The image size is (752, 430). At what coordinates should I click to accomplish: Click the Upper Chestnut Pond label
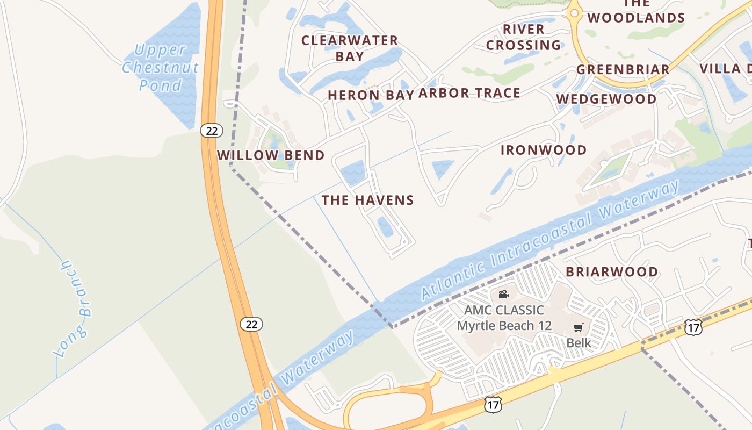(x=160, y=67)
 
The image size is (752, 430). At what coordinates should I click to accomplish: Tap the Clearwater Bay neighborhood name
(x=350, y=48)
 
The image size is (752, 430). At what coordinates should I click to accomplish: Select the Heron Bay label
(x=371, y=95)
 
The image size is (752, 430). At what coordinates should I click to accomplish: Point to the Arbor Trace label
(x=469, y=93)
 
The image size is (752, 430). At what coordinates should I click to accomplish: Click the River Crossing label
(x=523, y=37)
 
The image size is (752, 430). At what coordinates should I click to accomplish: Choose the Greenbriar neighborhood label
(x=623, y=70)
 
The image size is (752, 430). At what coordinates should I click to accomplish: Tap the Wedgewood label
(x=606, y=99)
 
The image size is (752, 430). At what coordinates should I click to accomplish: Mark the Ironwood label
(x=544, y=150)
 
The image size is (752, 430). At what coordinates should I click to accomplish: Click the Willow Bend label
(x=271, y=155)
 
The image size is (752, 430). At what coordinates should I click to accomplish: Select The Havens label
(x=367, y=200)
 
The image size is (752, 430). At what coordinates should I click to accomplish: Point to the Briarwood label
(x=612, y=272)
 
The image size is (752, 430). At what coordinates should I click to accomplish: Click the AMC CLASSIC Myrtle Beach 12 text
(x=503, y=318)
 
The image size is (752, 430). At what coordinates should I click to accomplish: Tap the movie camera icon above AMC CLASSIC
(x=503, y=294)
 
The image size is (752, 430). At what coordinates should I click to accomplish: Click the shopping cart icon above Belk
(x=579, y=328)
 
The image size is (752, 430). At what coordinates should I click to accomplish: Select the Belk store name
(x=579, y=343)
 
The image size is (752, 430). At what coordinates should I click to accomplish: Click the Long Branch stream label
(x=74, y=309)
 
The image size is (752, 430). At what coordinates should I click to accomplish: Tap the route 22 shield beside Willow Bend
(x=212, y=130)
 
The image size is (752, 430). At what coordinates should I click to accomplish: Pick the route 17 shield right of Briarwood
(x=693, y=327)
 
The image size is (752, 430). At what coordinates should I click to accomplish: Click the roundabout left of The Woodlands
(x=574, y=13)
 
